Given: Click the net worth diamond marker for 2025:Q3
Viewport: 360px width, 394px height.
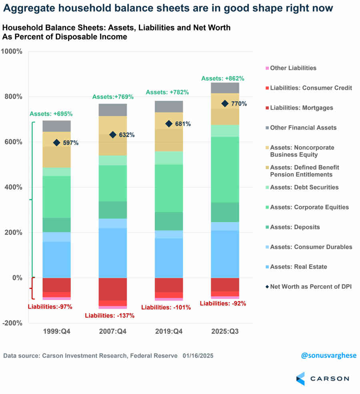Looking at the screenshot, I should click(x=225, y=104).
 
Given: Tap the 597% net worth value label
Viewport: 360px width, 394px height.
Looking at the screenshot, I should click(x=71, y=143).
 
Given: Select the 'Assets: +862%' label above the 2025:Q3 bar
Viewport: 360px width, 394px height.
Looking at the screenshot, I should click(x=222, y=78).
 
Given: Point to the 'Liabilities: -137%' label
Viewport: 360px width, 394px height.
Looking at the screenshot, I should click(x=110, y=316).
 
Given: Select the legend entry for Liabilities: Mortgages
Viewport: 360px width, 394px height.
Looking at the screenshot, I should click(x=302, y=108).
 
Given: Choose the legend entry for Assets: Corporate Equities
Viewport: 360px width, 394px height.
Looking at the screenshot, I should click(x=309, y=207).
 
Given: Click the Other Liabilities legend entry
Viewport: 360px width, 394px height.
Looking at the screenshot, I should click(x=293, y=68).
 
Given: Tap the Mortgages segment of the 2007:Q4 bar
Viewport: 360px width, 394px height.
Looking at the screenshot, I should click(x=113, y=289).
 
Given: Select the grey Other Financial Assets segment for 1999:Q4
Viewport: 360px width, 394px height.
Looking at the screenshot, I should click(x=57, y=126).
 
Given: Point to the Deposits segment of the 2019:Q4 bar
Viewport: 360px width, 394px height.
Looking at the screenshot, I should click(x=169, y=221).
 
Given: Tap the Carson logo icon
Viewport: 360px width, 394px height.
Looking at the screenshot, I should click(x=300, y=378).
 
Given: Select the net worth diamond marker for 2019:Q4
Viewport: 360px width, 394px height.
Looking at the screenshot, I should click(x=169, y=124).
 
